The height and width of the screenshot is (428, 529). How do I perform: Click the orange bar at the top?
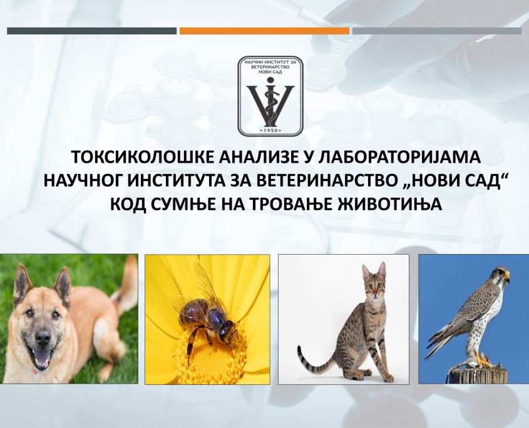[264, 31]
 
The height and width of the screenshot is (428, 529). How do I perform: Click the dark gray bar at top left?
[91, 31]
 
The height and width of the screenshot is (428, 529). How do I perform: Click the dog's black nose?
[43, 336]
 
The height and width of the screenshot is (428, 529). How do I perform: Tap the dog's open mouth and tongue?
[43, 357]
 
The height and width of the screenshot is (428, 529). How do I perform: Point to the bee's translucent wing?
[207, 283]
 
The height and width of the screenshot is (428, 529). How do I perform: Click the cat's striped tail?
[313, 360]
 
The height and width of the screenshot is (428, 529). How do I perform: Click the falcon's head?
[500, 275]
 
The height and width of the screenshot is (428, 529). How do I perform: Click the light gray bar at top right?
[437, 31]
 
